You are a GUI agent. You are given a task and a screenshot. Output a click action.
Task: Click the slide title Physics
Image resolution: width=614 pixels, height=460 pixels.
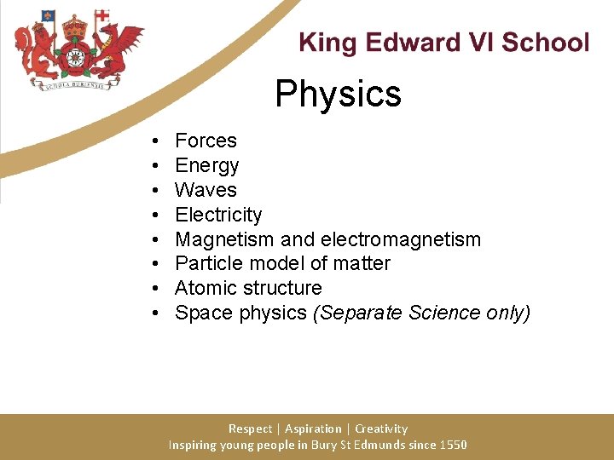(338, 94)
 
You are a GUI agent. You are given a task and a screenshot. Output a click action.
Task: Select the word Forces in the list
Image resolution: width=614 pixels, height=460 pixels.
(206, 141)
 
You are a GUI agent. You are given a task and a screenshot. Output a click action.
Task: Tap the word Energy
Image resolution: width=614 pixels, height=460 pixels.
(206, 165)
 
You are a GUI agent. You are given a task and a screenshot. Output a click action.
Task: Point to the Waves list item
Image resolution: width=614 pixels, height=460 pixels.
(206, 190)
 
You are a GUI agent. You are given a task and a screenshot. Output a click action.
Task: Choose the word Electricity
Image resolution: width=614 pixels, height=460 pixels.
(218, 215)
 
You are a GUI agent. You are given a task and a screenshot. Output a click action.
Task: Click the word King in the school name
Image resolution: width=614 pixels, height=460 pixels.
(324, 43)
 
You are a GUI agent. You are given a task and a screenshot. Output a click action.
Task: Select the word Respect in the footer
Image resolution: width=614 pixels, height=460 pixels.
(251, 428)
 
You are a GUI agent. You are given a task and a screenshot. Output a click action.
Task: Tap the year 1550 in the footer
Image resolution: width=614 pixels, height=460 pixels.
(453, 445)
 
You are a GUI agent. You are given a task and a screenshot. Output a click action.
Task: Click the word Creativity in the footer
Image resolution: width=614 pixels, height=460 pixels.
(381, 428)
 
